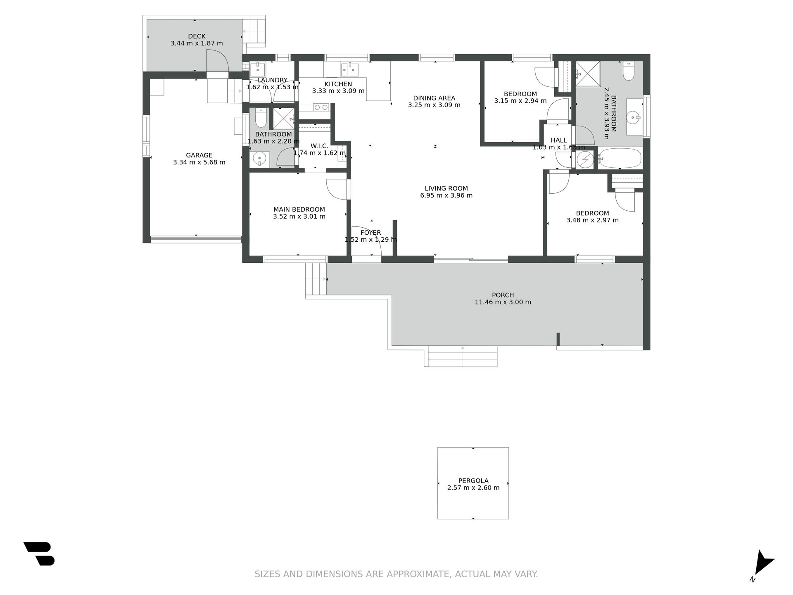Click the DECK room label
click(197, 36)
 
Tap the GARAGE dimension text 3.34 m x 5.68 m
click(199, 162)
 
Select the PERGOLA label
click(473, 481)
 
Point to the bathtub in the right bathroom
click(620, 158)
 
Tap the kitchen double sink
click(349, 69)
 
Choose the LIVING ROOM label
click(446, 188)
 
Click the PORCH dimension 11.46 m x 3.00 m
click(503, 302)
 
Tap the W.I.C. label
click(319, 146)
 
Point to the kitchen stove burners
click(321, 107)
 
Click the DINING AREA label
click(434, 98)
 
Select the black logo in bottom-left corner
click(39, 554)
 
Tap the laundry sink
click(258, 69)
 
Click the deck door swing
click(218, 60)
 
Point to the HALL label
click(559, 140)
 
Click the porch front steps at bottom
click(463, 356)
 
